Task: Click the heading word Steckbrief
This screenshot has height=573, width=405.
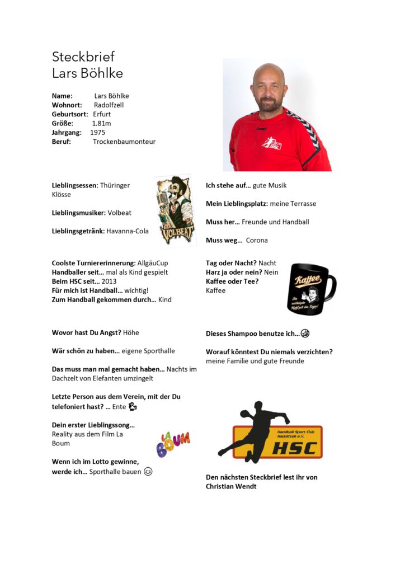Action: coord(83,57)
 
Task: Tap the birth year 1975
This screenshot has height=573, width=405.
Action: coord(98,133)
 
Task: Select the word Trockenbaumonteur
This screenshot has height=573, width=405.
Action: coord(124,142)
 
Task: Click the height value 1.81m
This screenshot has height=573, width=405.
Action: coord(101,123)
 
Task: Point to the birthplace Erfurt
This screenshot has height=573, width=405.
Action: coord(102,114)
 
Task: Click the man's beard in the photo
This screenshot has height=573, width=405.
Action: coord(269,105)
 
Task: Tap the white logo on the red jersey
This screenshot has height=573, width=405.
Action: coord(272,144)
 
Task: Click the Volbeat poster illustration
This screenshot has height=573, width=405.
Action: coord(175,210)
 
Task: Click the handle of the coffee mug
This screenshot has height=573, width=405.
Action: coord(331,285)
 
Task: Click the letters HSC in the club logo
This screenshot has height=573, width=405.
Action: coord(294,448)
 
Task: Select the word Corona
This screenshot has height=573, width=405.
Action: coord(257,241)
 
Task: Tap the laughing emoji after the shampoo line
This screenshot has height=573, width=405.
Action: coord(305,334)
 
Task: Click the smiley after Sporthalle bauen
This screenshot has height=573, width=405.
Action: coord(148,472)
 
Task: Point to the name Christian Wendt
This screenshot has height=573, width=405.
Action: coord(231,487)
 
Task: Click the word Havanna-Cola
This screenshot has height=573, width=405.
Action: coord(128,231)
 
